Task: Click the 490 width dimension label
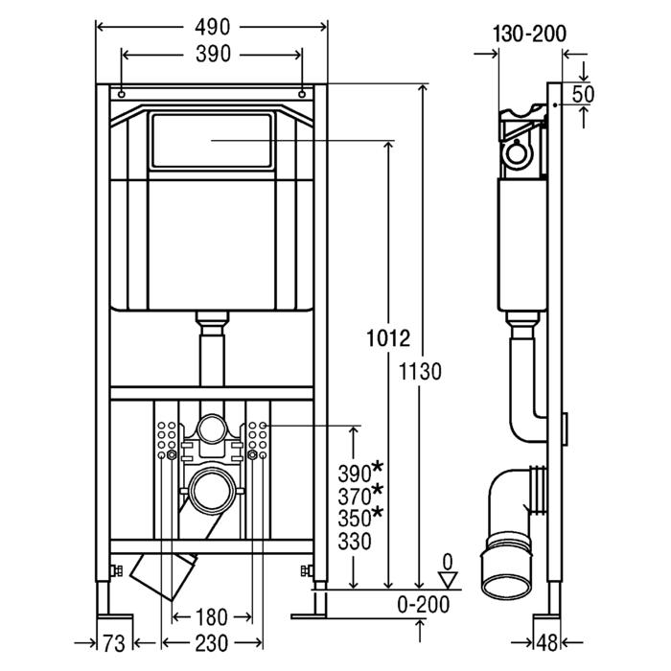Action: click(212, 29)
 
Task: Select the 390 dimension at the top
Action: click(212, 56)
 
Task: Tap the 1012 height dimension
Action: click(388, 338)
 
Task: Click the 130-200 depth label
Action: click(529, 34)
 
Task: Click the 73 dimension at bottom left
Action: click(114, 639)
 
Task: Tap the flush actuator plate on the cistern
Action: click(211, 140)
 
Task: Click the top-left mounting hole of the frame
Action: click(122, 95)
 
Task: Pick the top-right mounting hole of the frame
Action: click(302, 95)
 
